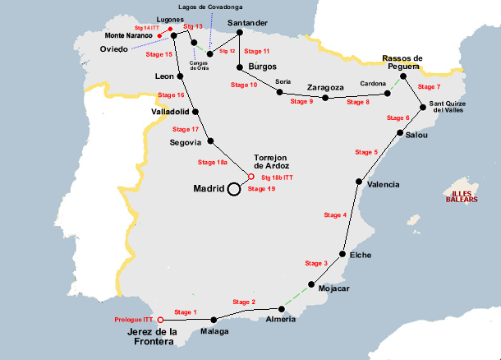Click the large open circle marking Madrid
233,189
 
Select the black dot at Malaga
214,320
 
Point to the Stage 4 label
335,215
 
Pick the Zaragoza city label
324,86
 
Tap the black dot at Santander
240,33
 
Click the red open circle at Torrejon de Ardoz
251,176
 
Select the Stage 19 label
260,189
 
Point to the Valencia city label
384,184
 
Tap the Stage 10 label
244,85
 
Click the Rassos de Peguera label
402,63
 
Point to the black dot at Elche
342,254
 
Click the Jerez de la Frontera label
151,337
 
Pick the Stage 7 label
429,86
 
